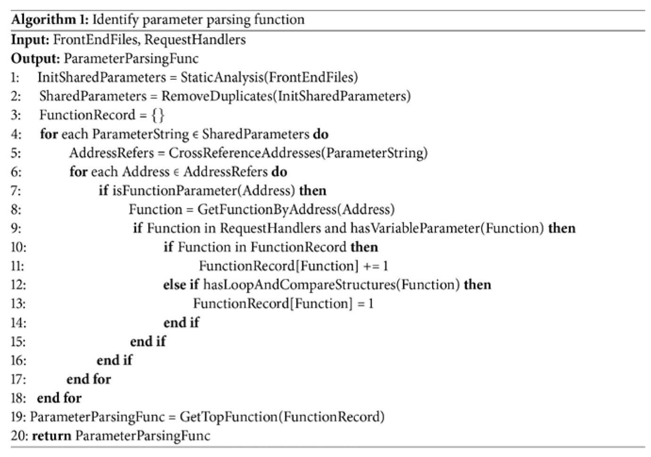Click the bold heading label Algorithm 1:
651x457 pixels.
pyautogui.click(x=50, y=20)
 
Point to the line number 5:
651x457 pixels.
pyautogui.click(x=16, y=152)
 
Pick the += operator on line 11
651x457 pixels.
pyautogui.click(x=371, y=266)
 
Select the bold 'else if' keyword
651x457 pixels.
pyautogui.click(x=181, y=285)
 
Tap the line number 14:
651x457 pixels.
pyautogui.click(x=18, y=322)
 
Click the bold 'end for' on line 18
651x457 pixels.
pyautogui.click(x=59, y=398)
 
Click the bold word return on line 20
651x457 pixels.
pyautogui.click(x=51, y=435)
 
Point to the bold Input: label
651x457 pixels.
pyautogui.click(x=30, y=39)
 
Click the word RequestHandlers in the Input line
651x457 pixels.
pyautogui.click(x=195, y=39)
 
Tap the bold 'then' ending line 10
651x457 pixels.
pyautogui.click(x=364, y=247)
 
